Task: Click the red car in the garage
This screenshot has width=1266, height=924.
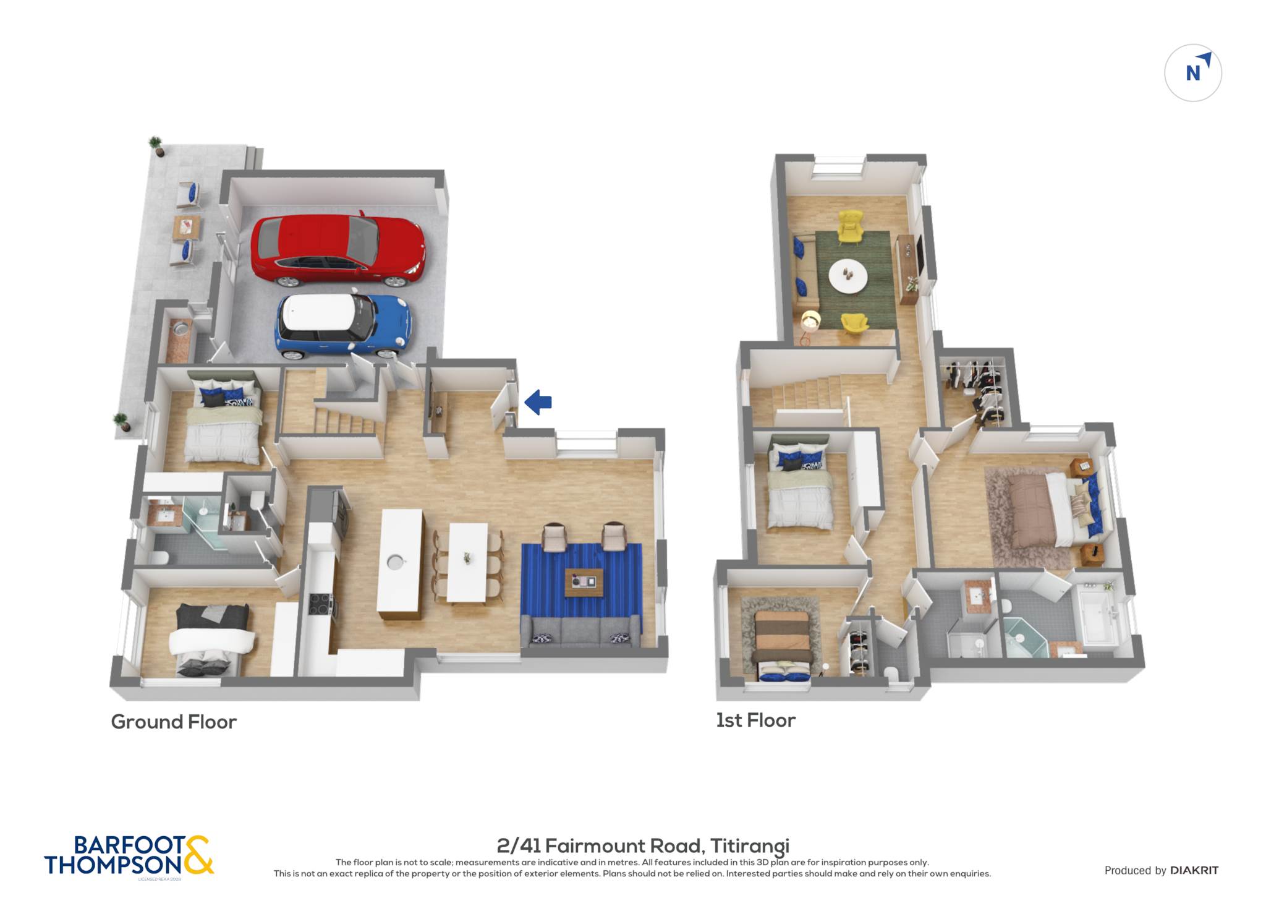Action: [x=338, y=250]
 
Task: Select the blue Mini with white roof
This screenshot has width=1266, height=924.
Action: [x=344, y=325]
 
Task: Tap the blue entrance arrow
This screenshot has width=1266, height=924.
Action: [x=538, y=402]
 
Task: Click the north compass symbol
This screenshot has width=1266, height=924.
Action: [x=1193, y=73]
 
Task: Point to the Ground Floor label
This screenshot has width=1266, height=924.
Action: [x=174, y=722]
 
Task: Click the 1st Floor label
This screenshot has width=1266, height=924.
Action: [x=755, y=720]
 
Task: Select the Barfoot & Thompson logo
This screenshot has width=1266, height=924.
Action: [x=129, y=856]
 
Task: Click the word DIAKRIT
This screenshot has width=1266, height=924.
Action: [x=1194, y=870]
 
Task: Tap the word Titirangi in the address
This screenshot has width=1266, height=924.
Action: [x=750, y=845]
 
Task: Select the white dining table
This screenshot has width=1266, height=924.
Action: [x=467, y=562]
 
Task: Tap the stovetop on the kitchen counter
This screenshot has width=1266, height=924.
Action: [x=320, y=605]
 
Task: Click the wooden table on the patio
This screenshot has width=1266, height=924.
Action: [x=187, y=227]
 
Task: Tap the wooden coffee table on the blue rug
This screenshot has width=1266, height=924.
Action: [x=584, y=582]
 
